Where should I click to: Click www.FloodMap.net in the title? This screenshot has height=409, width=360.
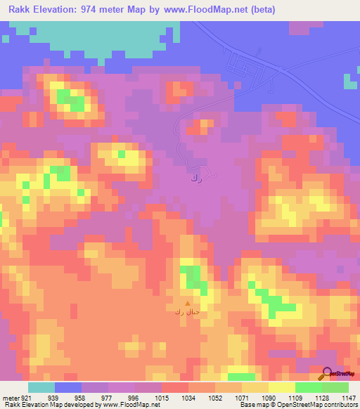[214, 10]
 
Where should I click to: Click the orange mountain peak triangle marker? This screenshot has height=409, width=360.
[187, 304]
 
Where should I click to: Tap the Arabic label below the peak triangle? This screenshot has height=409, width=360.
[187, 312]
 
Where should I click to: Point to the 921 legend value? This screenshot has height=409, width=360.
[25, 397]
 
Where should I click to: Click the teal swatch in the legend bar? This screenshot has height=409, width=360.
[41, 387]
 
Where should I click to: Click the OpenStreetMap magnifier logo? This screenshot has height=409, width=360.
[327, 375]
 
